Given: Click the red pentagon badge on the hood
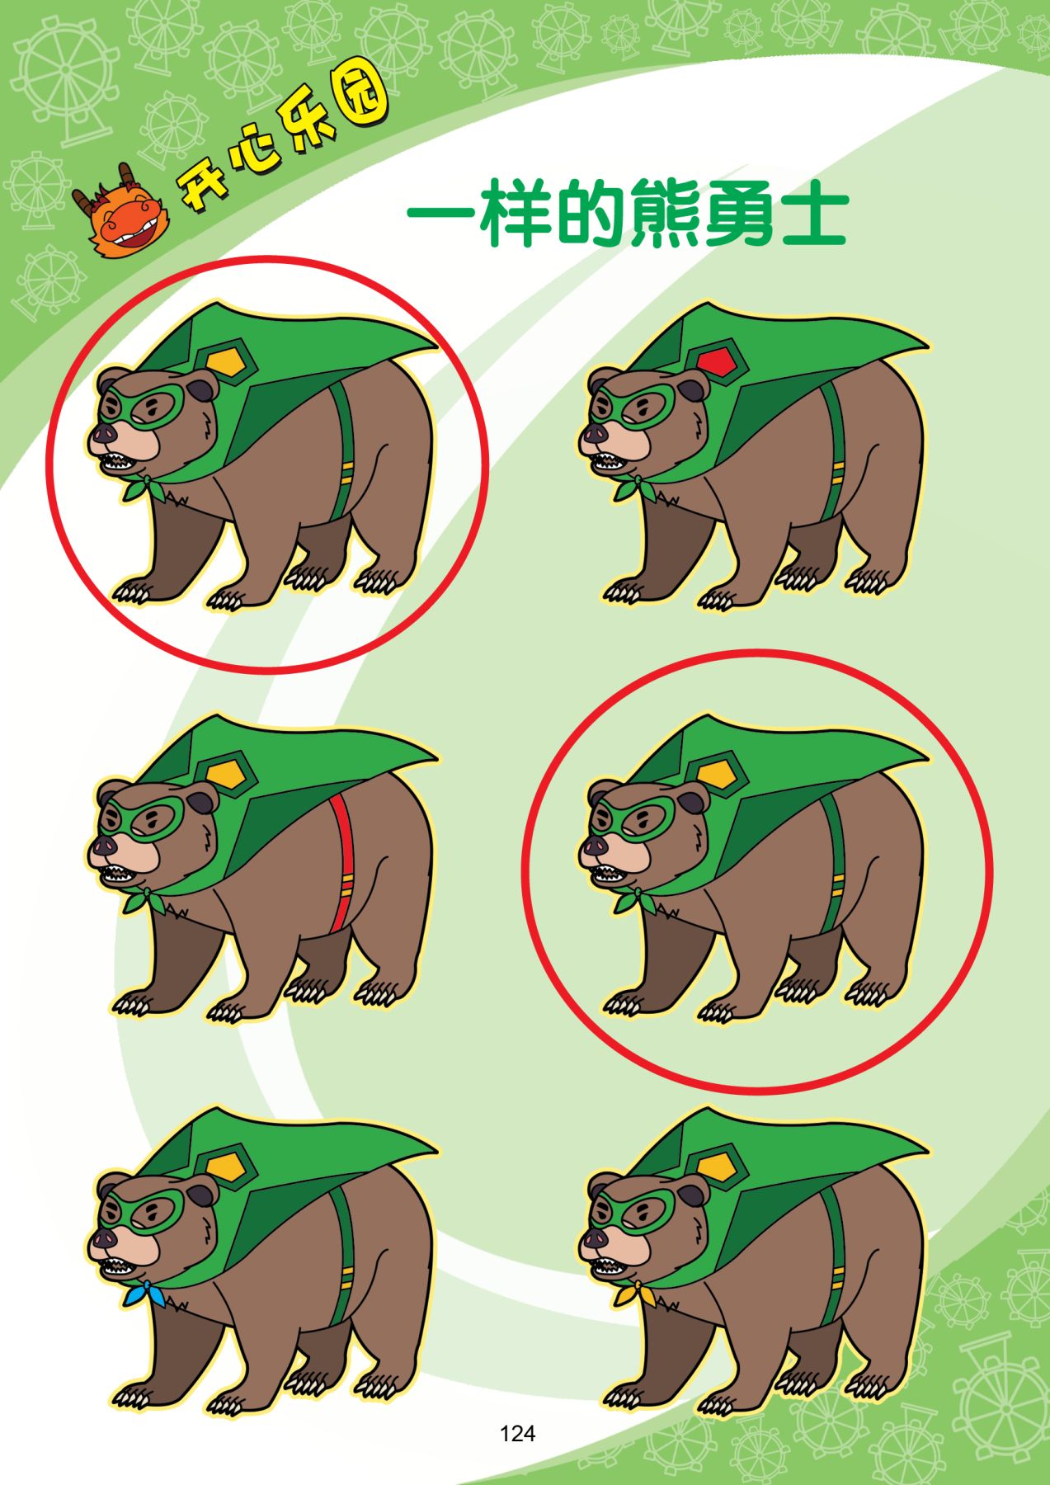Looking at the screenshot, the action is point(714,361).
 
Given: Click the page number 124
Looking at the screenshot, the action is point(517,1433).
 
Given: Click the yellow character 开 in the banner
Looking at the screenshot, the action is point(201,191).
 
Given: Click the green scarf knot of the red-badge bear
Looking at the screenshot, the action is point(633,487).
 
